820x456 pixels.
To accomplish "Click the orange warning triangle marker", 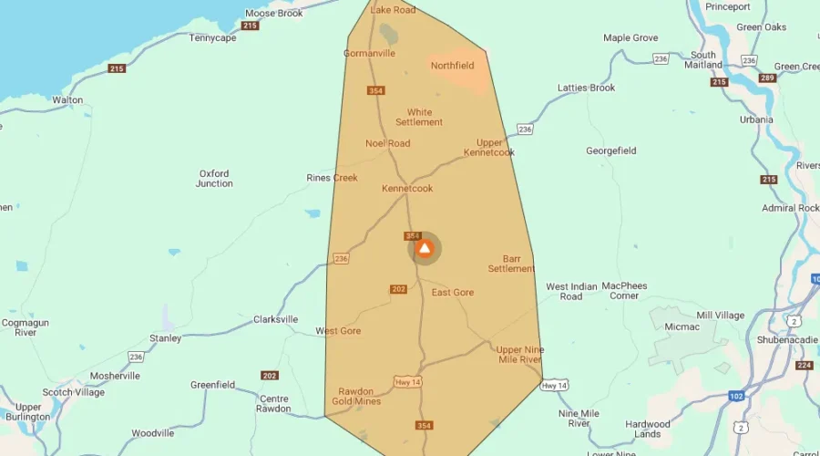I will (x=424, y=248).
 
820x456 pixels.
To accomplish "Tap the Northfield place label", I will (x=453, y=66).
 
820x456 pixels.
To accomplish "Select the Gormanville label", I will (x=369, y=53).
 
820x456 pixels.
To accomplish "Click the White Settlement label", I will (x=419, y=118).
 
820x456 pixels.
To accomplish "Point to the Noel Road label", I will (x=387, y=143).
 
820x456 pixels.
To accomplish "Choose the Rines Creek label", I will (x=332, y=178).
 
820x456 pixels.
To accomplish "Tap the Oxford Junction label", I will (x=214, y=178).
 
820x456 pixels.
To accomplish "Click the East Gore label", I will (x=453, y=293).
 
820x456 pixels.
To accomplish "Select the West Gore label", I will (x=338, y=331).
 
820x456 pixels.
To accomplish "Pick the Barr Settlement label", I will (x=510, y=264).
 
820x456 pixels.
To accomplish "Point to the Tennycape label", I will (x=212, y=38).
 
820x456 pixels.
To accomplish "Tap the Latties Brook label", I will (x=586, y=88).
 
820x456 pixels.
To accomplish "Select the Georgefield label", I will (x=610, y=150).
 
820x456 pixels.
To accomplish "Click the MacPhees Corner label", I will (x=624, y=291).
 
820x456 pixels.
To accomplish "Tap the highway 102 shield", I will (x=735, y=396).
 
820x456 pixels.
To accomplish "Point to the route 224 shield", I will (x=804, y=366).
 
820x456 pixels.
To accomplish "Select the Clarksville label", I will (x=275, y=319).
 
